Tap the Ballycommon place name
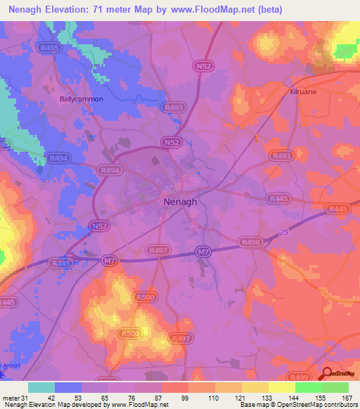click(81, 99)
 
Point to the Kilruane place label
click(306, 91)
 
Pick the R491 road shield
click(281, 156)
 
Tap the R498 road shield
click(250, 242)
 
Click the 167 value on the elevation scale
click(346, 397)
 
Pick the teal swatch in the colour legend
click(41, 387)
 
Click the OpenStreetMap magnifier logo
click(328, 374)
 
